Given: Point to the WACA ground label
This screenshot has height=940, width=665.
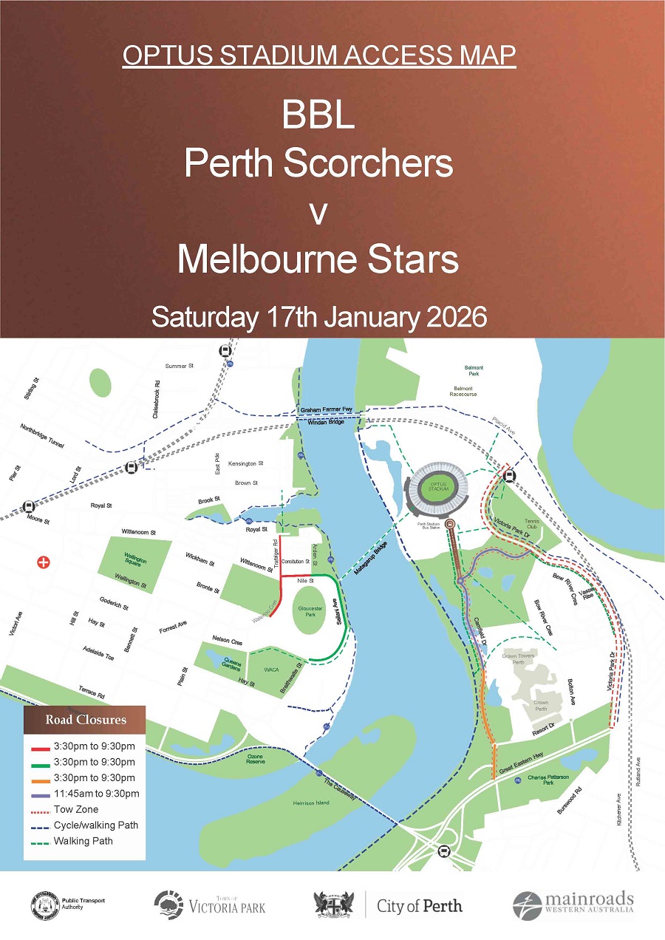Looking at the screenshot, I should coord(271,670).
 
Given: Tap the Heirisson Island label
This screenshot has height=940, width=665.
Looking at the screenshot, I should coord(311,803).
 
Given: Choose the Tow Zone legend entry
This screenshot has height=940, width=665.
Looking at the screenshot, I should coord(76,809).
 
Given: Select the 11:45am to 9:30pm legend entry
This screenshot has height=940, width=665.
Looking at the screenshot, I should coord(96,794).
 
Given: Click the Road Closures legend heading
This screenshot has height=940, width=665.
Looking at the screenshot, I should coord(86,720).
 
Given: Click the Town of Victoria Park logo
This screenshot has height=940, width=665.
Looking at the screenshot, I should coord(210,905).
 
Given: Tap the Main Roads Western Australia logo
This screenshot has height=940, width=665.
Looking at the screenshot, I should coord(573,904).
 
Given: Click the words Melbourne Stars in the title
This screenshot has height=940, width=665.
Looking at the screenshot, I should coord(318,259).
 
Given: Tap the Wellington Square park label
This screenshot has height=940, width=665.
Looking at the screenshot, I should coord(135,561).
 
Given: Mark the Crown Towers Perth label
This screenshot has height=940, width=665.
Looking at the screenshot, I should coord(518,658).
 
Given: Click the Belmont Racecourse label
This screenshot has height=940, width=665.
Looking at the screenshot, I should coord(463,394).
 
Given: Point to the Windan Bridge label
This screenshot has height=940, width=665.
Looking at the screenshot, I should coord(321,422).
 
